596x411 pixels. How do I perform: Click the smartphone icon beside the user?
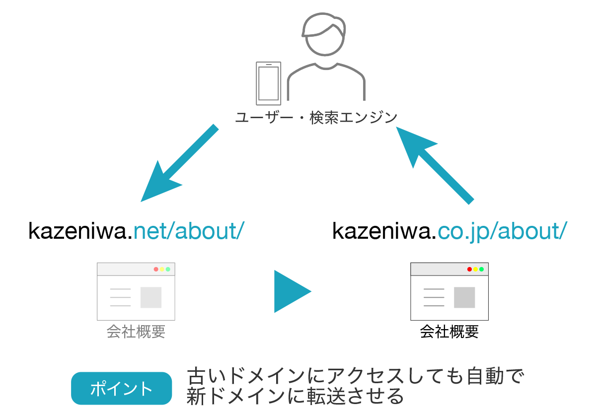268,83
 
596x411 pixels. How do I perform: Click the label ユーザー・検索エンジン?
316,118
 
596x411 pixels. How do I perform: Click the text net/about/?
189,231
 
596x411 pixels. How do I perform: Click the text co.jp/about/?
502,231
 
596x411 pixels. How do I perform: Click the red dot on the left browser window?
156,269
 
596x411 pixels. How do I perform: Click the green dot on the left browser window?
168,269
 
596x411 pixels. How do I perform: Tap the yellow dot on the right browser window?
475,269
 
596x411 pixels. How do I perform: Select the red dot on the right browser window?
469,269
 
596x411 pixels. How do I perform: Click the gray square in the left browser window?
151,297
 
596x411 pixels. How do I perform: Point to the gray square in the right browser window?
464,297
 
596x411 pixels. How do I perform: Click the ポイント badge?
122,388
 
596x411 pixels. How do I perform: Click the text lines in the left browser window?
120,297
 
